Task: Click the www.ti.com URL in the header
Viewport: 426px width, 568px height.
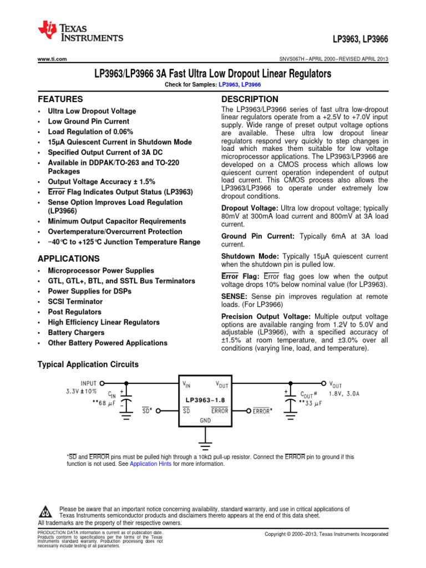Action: [52, 59]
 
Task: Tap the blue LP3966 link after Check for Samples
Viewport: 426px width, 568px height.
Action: [251, 84]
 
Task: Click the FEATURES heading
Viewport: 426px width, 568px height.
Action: [60, 99]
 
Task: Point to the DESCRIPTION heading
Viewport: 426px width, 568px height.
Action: [250, 99]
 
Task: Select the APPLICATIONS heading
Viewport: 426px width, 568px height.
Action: [68, 258]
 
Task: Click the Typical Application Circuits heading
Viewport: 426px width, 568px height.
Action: [88, 364]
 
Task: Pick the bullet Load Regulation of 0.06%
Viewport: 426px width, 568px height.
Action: [90, 131]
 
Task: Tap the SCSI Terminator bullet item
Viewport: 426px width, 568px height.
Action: [75, 302]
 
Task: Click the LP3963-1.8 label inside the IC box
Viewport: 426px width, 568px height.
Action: [205, 399]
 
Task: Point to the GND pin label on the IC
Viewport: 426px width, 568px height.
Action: [205, 420]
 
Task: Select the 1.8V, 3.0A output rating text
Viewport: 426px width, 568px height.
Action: [344, 394]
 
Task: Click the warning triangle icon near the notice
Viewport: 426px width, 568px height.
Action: [46, 511]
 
